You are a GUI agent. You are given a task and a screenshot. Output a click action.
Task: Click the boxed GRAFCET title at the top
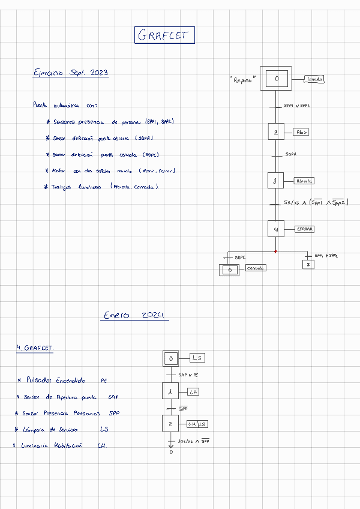tap(164, 35)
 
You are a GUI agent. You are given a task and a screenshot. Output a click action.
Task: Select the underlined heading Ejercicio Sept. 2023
tap(71, 73)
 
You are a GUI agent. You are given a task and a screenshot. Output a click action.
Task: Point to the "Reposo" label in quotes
tap(242, 80)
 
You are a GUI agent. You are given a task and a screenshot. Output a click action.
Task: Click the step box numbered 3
tap(275, 180)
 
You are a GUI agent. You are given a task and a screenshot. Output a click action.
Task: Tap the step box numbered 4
tap(275, 229)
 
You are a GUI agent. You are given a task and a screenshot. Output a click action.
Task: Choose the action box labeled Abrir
tap(302, 132)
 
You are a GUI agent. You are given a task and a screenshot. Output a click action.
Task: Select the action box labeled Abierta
tap(304, 181)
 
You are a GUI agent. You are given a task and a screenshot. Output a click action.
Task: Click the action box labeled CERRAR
tap(305, 229)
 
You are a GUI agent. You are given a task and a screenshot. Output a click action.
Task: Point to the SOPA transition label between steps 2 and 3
tap(291, 154)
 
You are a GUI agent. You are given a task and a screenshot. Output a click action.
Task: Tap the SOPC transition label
tap(240, 258)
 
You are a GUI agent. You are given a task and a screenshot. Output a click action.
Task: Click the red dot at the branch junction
tap(275, 251)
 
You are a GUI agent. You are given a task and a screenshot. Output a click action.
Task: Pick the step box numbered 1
tap(171, 391)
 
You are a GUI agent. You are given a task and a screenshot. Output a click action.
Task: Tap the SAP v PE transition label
tap(188, 375)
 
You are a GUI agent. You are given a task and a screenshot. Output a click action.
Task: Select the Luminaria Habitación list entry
tap(50, 445)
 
